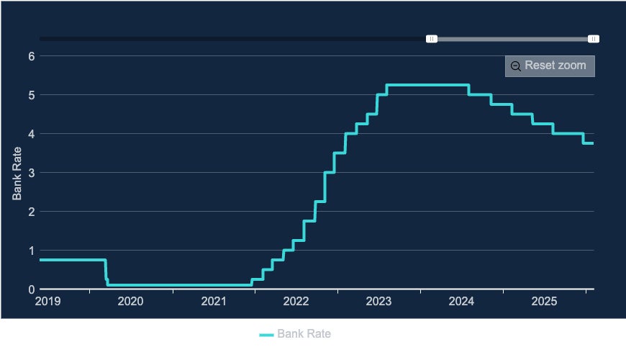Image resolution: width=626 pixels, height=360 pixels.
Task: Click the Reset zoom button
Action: (x=550, y=66)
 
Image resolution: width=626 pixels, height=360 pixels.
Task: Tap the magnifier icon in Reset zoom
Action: (x=516, y=66)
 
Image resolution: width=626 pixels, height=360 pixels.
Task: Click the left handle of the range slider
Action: (x=431, y=39)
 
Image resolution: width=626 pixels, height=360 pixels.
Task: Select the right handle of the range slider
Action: (x=594, y=39)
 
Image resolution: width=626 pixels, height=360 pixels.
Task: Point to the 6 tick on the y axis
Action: (x=32, y=56)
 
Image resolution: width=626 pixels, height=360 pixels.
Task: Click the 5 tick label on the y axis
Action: (x=32, y=95)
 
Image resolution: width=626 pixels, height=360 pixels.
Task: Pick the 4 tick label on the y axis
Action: (x=32, y=134)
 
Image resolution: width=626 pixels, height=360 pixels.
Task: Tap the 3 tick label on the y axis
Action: (x=32, y=173)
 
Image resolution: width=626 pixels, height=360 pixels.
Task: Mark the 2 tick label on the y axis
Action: (x=32, y=212)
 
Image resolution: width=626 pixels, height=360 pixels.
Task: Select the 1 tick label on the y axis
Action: (x=32, y=251)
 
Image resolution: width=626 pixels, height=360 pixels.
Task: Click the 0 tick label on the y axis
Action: (x=32, y=289)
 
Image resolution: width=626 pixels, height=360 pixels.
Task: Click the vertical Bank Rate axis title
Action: (x=17, y=173)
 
